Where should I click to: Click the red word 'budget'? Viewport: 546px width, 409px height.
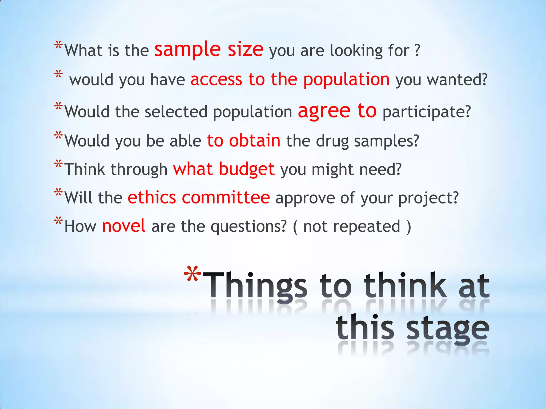[x=247, y=170]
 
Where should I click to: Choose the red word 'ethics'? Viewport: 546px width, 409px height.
[x=152, y=198]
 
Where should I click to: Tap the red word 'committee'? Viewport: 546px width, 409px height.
[x=226, y=198]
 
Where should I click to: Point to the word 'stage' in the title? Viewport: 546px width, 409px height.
[x=448, y=329]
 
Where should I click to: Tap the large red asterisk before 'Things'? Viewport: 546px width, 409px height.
[x=193, y=274]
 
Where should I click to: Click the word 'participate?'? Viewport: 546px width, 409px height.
[x=427, y=112]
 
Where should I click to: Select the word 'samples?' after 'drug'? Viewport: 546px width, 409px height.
[x=387, y=141]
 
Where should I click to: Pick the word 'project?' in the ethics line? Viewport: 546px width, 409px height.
[x=428, y=198]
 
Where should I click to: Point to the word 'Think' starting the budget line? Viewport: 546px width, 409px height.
[x=85, y=170]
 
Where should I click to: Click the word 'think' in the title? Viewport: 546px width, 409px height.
[x=405, y=286]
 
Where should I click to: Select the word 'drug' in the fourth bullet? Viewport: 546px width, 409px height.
[x=332, y=141]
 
